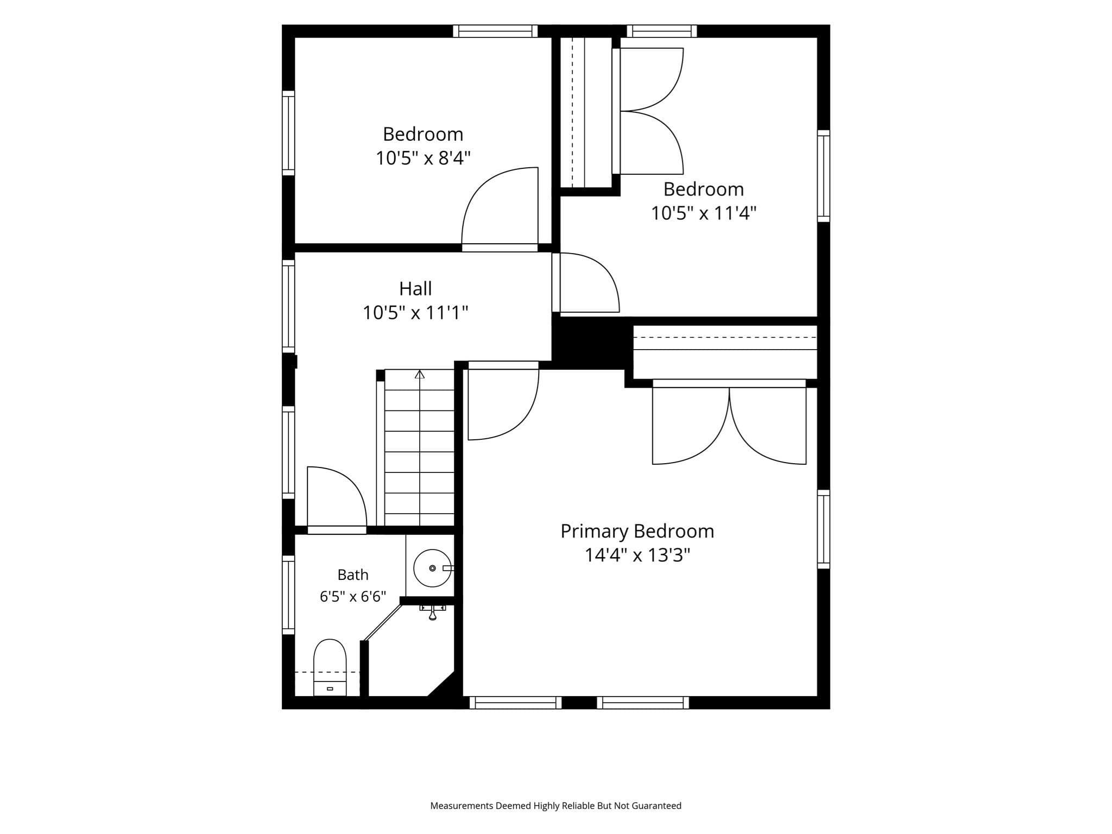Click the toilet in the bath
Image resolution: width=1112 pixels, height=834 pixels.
[330, 667]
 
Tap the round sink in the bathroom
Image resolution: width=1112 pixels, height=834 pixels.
[432, 568]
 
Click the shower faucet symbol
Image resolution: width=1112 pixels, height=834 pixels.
[433, 612]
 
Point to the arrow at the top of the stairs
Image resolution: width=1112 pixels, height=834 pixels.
[420, 375]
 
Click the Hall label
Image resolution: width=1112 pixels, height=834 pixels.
[415, 288]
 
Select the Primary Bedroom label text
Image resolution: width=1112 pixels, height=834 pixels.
[637, 531]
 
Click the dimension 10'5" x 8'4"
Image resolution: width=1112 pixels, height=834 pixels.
[423, 158]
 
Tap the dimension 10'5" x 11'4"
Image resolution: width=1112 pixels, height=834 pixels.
[704, 213]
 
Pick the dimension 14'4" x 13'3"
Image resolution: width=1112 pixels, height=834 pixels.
[637, 555]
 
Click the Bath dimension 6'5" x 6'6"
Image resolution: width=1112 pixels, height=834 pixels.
[353, 597]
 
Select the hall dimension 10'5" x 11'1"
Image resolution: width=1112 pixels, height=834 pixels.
[415, 313]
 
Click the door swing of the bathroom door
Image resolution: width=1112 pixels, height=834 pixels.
[337, 496]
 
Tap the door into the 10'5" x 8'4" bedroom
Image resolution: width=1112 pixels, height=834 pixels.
[500, 207]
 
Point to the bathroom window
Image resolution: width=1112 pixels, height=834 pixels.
[288, 595]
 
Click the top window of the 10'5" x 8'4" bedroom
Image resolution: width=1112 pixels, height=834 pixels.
[495, 31]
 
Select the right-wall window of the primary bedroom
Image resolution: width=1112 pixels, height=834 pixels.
[824, 529]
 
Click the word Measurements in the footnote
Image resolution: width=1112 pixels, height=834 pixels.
[462, 806]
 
